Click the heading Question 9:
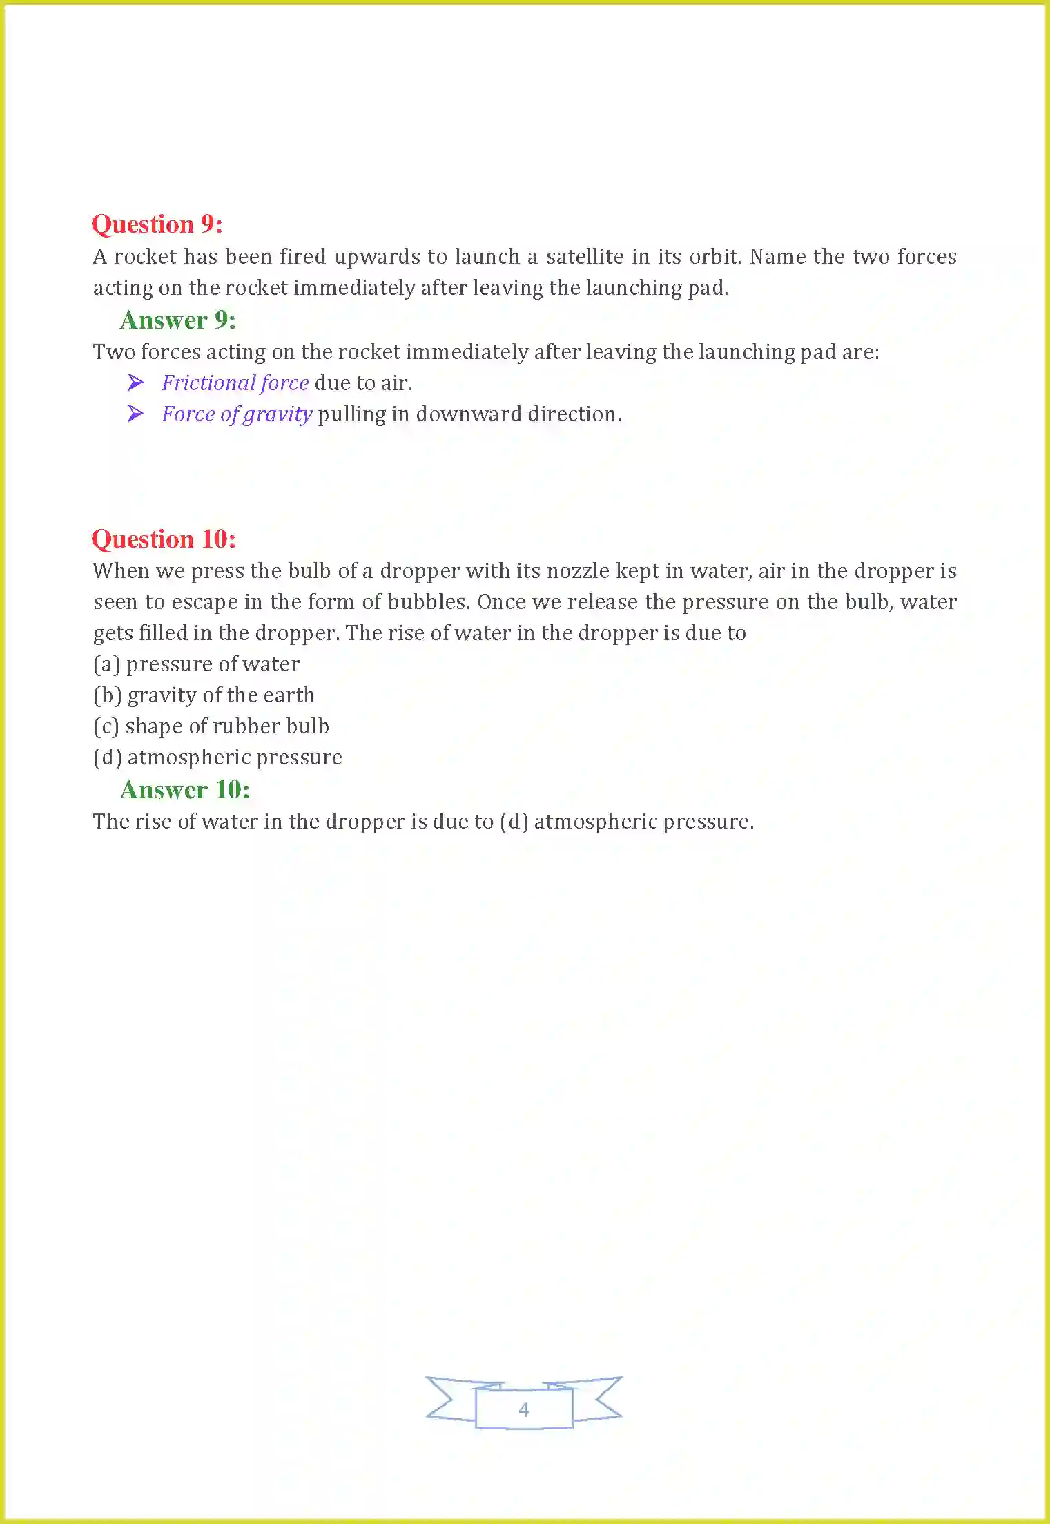(x=157, y=224)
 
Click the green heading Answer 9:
(x=177, y=320)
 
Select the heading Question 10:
(x=164, y=539)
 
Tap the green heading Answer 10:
(x=184, y=790)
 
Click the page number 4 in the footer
(x=524, y=1409)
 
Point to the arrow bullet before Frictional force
(x=136, y=383)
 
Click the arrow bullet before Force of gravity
(x=136, y=414)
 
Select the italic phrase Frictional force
(x=235, y=383)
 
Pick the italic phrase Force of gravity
(x=237, y=414)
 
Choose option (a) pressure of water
(x=196, y=664)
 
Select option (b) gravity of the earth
(x=204, y=695)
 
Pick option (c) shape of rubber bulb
(x=211, y=726)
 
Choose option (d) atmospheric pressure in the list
(x=217, y=758)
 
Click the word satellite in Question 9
(x=585, y=257)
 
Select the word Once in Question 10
(x=502, y=602)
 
